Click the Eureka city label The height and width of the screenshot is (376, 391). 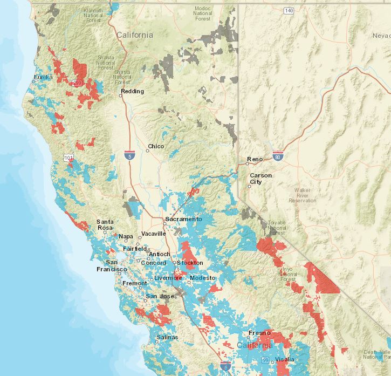point(43,78)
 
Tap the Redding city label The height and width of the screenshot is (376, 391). point(133,91)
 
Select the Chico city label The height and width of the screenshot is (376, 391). point(156,146)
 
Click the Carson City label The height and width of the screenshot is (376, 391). point(260,179)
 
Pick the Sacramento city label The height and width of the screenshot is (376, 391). point(184,219)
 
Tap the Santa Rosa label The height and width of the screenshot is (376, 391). point(105,225)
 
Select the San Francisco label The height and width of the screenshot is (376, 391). point(112,265)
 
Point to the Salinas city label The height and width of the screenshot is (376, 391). point(167,337)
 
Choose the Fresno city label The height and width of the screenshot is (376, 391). point(259,333)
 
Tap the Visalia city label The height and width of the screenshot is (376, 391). point(285,359)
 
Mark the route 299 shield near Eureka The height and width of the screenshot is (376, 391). point(78,83)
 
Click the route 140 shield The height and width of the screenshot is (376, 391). point(289,11)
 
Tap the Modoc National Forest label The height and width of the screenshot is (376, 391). point(203,13)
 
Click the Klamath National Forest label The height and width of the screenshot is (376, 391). point(93,16)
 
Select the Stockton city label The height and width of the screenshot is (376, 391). point(190,263)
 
